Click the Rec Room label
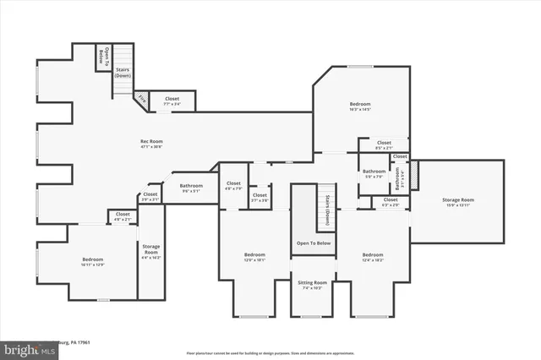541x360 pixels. pyautogui.click(x=151, y=144)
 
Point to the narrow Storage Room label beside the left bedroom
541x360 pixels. pyautogui.click(x=150, y=249)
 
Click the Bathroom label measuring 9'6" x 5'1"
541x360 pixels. pyautogui.click(x=191, y=188)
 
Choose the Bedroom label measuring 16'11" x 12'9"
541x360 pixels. pyautogui.click(x=93, y=262)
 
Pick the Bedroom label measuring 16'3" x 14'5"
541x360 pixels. pyautogui.click(x=360, y=106)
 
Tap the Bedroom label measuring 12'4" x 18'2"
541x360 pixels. pyautogui.click(x=373, y=257)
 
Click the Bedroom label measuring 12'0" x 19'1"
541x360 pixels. pyautogui.click(x=254, y=257)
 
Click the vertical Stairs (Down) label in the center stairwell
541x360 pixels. pyautogui.click(x=327, y=210)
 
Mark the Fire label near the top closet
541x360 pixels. pyautogui.click(x=142, y=100)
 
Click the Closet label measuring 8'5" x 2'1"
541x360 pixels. pyautogui.click(x=385, y=145)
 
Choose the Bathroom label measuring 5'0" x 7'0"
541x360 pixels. pyautogui.click(x=374, y=174)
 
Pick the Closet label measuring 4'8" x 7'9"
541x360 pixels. pyautogui.click(x=233, y=185)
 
